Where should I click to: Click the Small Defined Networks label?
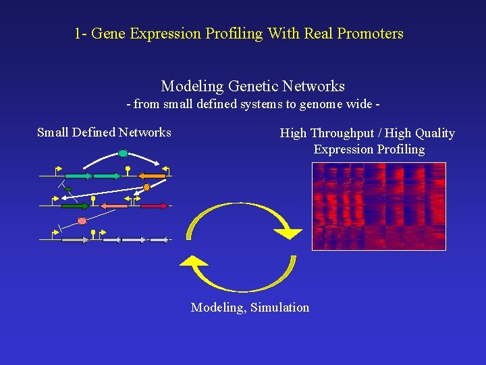pyautogui.click(x=104, y=132)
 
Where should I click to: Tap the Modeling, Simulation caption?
pyautogui.click(x=250, y=308)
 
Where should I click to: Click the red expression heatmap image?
pyautogui.click(x=379, y=206)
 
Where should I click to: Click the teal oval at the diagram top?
pyautogui.click(x=123, y=153)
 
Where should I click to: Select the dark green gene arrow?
pyautogui.click(x=75, y=205)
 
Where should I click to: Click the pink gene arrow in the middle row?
pyautogui.click(x=115, y=205)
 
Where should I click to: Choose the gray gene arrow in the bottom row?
pyautogui.click(x=75, y=239)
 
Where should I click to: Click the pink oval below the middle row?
pyautogui.click(x=82, y=221)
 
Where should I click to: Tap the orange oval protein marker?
pyautogui.click(x=146, y=187)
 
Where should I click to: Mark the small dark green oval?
pyautogui.click(x=67, y=189)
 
